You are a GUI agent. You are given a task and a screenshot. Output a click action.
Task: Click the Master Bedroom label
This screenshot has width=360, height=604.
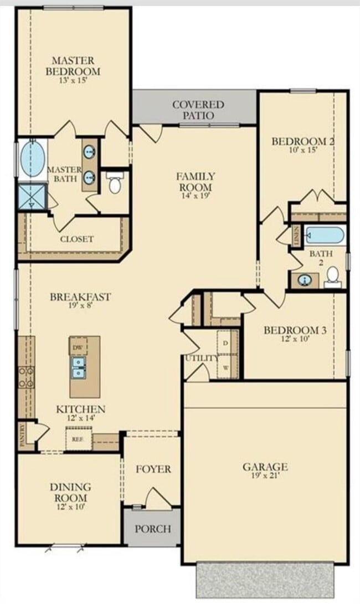[73, 65]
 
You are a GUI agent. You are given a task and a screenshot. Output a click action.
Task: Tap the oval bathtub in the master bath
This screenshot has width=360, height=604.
[33, 159]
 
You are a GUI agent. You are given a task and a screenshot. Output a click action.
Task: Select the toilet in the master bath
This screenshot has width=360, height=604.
[115, 183]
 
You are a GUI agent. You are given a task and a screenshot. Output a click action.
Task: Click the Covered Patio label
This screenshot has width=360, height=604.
[198, 110]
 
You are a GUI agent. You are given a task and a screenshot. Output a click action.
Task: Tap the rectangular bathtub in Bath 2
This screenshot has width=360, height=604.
[325, 236]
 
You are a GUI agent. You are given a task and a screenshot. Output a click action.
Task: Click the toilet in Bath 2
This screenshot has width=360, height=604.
[333, 275]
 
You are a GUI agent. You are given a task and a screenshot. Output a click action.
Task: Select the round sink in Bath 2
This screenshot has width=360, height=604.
[304, 280]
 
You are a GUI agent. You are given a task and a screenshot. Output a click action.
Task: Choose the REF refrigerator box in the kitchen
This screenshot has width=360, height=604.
[78, 438]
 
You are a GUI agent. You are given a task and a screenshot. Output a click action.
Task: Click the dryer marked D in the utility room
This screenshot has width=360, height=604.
[226, 342]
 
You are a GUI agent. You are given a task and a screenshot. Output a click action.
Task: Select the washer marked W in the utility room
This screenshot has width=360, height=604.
[226, 366]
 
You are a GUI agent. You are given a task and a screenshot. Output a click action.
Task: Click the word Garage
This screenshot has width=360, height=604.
[265, 467]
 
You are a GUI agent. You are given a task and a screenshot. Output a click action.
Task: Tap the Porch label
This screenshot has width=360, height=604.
[153, 529]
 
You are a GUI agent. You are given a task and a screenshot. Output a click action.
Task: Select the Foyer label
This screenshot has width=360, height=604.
[153, 469]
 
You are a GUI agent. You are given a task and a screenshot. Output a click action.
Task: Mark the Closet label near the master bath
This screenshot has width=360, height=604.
[76, 239]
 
